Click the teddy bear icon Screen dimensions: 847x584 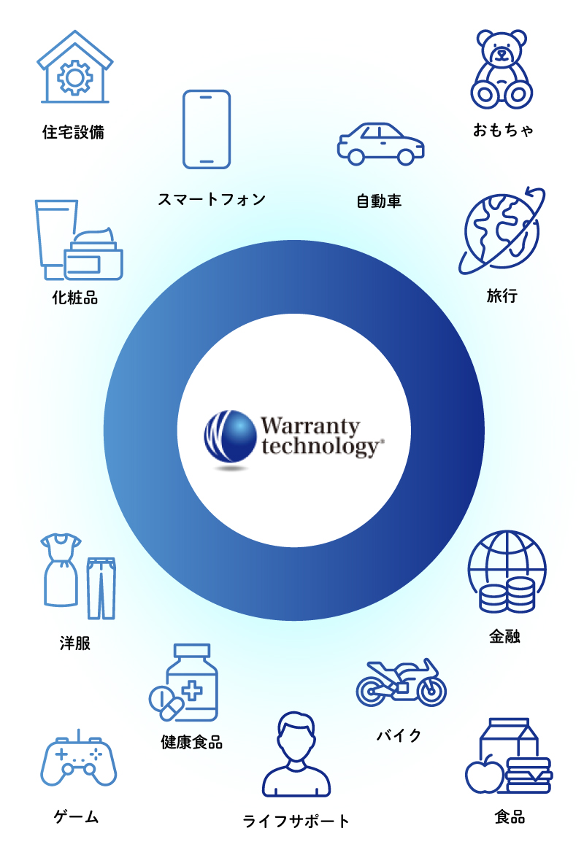(502, 69)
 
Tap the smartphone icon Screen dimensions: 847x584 (207, 130)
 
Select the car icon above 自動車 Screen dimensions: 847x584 (380, 143)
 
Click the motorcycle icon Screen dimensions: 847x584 (401, 683)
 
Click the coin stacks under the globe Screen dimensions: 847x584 (507, 594)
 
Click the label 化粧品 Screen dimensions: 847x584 (74, 298)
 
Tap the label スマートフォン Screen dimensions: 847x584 (212, 199)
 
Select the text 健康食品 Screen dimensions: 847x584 (191, 743)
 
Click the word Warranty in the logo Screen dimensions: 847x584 (310, 426)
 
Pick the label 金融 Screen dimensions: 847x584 (504, 637)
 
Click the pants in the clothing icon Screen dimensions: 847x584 (101, 587)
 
